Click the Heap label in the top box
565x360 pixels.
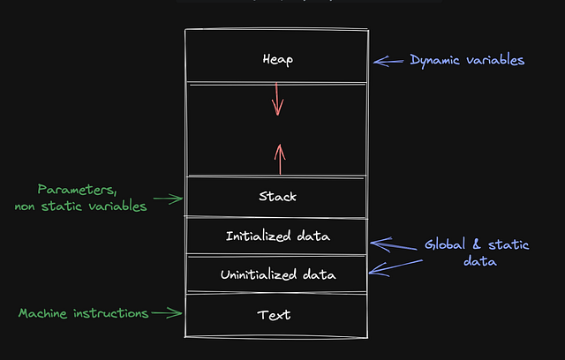tap(276, 60)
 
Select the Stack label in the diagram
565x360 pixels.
tap(276, 197)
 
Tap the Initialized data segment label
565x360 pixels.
tap(277, 236)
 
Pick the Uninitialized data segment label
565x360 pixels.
tap(277, 275)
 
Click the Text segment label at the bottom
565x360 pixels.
tap(274, 315)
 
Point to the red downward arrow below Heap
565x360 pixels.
tap(277, 99)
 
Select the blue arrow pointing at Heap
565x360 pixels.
tap(388, 61)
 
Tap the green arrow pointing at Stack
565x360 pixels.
tap(166, 200)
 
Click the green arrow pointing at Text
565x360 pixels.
tap(166, 312)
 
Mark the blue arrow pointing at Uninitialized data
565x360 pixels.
tap(388, 266)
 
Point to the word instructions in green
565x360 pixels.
tap(112, 313)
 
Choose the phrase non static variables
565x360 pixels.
tap(80, 206)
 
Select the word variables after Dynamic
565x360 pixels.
tap(496, 60)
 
